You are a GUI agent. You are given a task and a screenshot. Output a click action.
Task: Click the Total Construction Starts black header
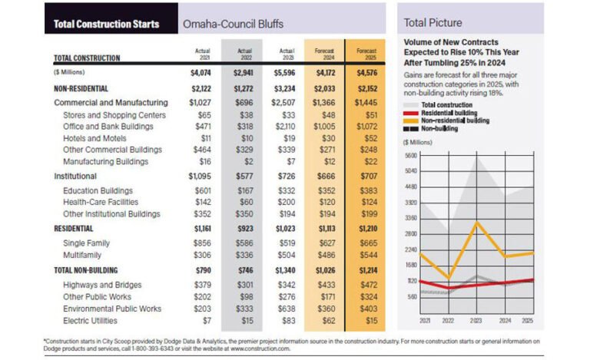click(106, 24)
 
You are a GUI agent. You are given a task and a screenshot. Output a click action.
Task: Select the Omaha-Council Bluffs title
click(230, 24)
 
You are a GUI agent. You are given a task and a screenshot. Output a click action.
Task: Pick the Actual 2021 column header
click(204, 54)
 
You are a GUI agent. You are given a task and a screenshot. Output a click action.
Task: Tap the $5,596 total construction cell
click(286, 74)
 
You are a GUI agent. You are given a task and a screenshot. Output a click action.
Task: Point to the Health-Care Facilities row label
click(101, 202)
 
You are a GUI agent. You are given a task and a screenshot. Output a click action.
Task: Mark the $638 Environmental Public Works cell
click(287, 309)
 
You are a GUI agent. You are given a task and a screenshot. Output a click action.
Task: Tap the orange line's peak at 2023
click(477, 223)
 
